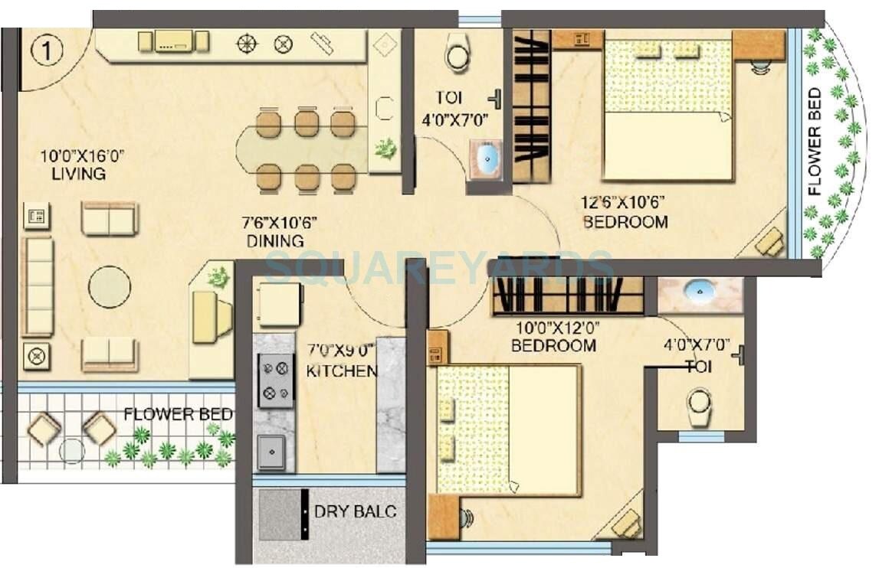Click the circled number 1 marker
pyautogui.click(x=45, y=51)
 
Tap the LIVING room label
pyautogui.click(x=79, y=174)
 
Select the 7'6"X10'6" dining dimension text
pyautogui.click(x=280, y=224)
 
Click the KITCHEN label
pyautogui.click(x=341, y=371)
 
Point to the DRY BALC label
pyautogui.click(x=356, y=511)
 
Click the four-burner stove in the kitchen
pyautogui.click(x=275, y=380)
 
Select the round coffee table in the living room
pyautogui.click(x=109, y=286)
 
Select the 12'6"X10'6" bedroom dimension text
pyautogui.click(x=622, y=203)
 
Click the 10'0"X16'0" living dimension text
pyautogui.click(x=82, y=157)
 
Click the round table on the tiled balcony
pyautogui.click(x=72, y=449)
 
